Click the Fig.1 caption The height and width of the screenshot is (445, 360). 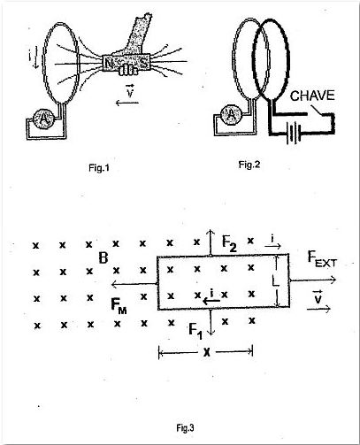pyautogui.click(x=99, y=168)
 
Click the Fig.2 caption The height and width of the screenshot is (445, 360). pyautogui.click(x=249, y=165)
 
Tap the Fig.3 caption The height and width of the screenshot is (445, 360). pyautogui.click(x=185, y=427)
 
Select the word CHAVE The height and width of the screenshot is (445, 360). pyautogui.click(x=312, y=96)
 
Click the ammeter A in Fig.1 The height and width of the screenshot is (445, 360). pyautogui.click(x=43, y=119)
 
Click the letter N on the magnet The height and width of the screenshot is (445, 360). pyautogui.click(x=109, y=63)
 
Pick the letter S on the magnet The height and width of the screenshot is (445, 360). pyautogui.click(x=144, y=62)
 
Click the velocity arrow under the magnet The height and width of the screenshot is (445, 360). pyautogui.click(x=127, y=103)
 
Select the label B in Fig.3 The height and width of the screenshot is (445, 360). pyautogui.click(x=103, y=257)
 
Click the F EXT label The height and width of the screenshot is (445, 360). pyautogui.click(x=322, y=258)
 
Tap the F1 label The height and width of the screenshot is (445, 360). pyautogui.click(x=195, y=331)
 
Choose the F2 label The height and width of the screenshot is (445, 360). pyautogui.click(x=229, y=244)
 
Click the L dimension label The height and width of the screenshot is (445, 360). pyautogui.click(x=275, y=280)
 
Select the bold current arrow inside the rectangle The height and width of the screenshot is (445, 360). pyautogui.click(x=211, y=301)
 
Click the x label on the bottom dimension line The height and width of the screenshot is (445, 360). pyautogui.click(x=207, y=351)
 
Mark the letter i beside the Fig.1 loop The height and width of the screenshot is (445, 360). pyautogui.click(x=30, y=57)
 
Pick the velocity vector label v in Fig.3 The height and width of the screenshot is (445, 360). pyautogui.click(x=318, y=297)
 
